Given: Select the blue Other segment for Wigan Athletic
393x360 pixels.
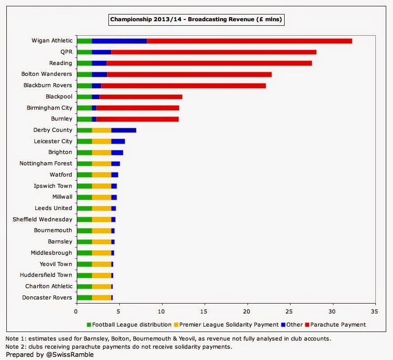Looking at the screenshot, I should click(x=119, y=41).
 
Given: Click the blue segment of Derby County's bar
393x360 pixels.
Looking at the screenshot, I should click(x=124, y=130).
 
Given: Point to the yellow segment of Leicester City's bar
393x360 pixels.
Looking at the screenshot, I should click(x=102, y=141).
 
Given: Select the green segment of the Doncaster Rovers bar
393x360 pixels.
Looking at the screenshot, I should click(x=84, y=297).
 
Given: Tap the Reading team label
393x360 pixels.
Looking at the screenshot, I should click(x=61, y=63).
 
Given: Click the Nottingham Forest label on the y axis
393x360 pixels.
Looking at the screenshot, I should click(x=46, y=164).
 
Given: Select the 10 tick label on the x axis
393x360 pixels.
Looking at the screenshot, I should click(x=162, y=312).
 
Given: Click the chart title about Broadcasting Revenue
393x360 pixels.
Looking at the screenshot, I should click(x=196, y=20).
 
